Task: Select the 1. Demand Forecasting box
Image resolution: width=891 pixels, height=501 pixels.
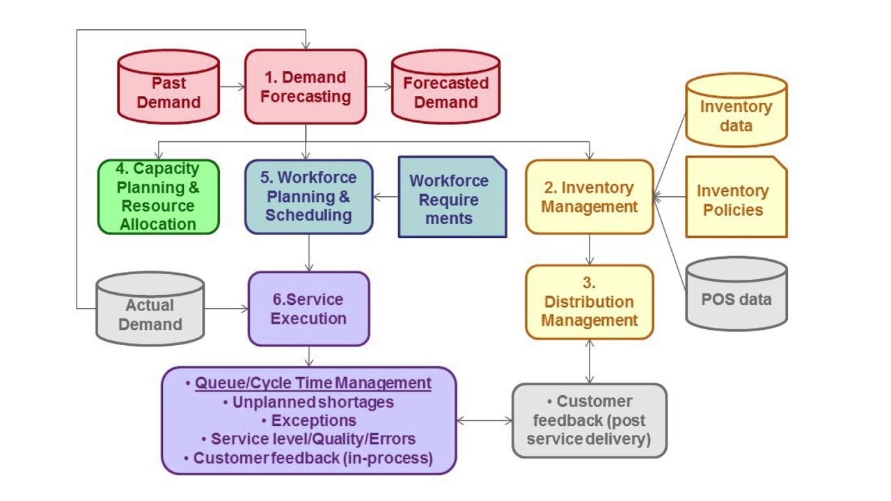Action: [x=305, y=87]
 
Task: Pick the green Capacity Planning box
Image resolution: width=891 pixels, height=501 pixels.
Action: [x=158, y=196]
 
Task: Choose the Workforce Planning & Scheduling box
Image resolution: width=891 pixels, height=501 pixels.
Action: [x=308, y=196]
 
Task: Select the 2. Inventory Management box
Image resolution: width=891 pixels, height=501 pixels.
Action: [x=589, y=197]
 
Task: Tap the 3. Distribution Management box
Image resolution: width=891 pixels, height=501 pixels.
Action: [x=589, y=301]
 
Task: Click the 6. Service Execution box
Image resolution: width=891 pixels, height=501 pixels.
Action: [x=308, y=309]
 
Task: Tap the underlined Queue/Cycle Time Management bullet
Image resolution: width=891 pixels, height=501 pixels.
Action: [x=313, y=383]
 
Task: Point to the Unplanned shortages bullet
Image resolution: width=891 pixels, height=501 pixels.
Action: [x=313, y=402]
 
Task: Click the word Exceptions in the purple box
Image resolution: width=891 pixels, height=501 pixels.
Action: [x=313, y=420]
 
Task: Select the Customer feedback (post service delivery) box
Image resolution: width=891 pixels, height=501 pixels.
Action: [x=589, y=420]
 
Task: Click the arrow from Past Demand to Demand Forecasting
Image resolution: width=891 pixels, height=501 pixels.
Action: [x=232, y=87]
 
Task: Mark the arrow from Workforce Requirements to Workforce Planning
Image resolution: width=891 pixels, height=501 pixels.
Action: [x=386, y=197]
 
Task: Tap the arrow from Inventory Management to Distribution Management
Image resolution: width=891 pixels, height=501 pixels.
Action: [x=590, y=249]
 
